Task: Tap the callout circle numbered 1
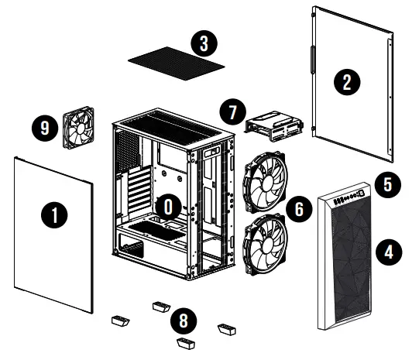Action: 52,214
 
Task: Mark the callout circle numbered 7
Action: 230,111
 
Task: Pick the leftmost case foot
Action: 120,318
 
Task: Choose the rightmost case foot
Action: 227,328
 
